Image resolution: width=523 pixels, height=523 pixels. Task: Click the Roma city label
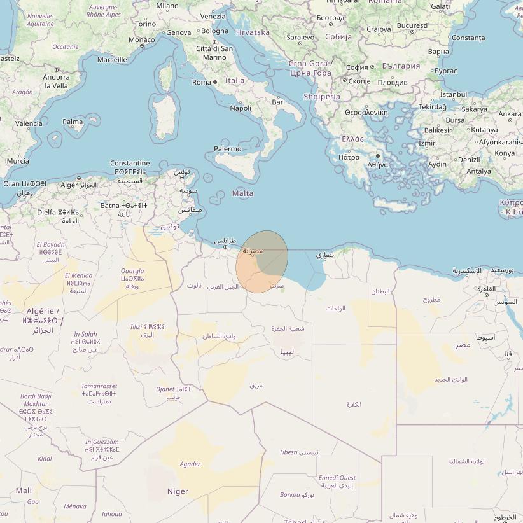point(201,82)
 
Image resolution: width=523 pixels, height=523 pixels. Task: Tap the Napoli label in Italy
point(241,108)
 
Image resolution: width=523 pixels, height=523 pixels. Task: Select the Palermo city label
point(227,149)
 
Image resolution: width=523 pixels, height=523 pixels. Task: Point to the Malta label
point(242,193)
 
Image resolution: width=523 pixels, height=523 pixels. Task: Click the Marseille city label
point(112,60)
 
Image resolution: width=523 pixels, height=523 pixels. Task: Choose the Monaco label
point(141,39)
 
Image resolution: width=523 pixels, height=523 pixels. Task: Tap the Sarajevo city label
point(300,38)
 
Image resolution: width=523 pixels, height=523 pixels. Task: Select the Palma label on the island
point(73,122)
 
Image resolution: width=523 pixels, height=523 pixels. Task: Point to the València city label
point(29,123)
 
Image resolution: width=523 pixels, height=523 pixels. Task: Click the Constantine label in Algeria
point(130,164)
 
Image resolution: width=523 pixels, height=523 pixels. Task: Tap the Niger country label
point(178,491)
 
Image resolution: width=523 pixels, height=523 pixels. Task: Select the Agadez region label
point(190,464)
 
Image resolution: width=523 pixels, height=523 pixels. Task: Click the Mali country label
point(24,491)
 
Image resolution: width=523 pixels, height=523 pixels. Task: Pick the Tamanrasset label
point(99,386)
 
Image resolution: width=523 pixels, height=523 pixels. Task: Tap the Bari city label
point(278,102)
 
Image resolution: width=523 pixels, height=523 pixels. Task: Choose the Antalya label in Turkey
point(478,171)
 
